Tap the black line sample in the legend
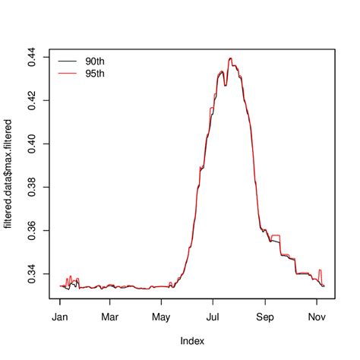[67, 59]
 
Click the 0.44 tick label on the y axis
[33, 57]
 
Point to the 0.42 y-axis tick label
[33, 100]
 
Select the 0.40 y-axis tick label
[33, 144]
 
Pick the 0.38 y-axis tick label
[33, 187]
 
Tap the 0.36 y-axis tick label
[33, 230]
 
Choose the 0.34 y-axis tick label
[33, 273]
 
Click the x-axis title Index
[192, 342]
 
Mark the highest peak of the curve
[230, 58]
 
